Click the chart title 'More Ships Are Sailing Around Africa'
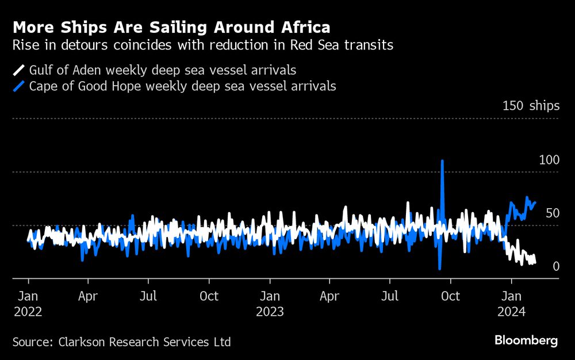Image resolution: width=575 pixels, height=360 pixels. coord(171,28)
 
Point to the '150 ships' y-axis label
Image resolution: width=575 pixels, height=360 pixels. coord(530,106)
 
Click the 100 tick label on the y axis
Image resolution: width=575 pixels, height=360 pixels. coord(549,159)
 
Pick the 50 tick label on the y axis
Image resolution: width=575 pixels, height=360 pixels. coord(552,213)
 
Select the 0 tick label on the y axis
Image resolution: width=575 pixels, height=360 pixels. coord(555,266)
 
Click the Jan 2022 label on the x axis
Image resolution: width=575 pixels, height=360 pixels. coord(28,303)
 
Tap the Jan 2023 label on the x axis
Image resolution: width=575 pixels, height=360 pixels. coord(270,303)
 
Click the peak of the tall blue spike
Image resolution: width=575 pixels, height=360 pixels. coord(442,161)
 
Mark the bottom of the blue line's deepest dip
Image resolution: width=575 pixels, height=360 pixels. coord(439,269)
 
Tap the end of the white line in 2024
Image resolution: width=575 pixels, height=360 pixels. coord(535,262)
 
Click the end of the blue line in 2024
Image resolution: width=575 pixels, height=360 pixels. coord(535,202)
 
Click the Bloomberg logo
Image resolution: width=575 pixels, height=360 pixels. coord(526,341)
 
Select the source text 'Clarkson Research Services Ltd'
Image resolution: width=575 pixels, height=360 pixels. coord(144,342)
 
